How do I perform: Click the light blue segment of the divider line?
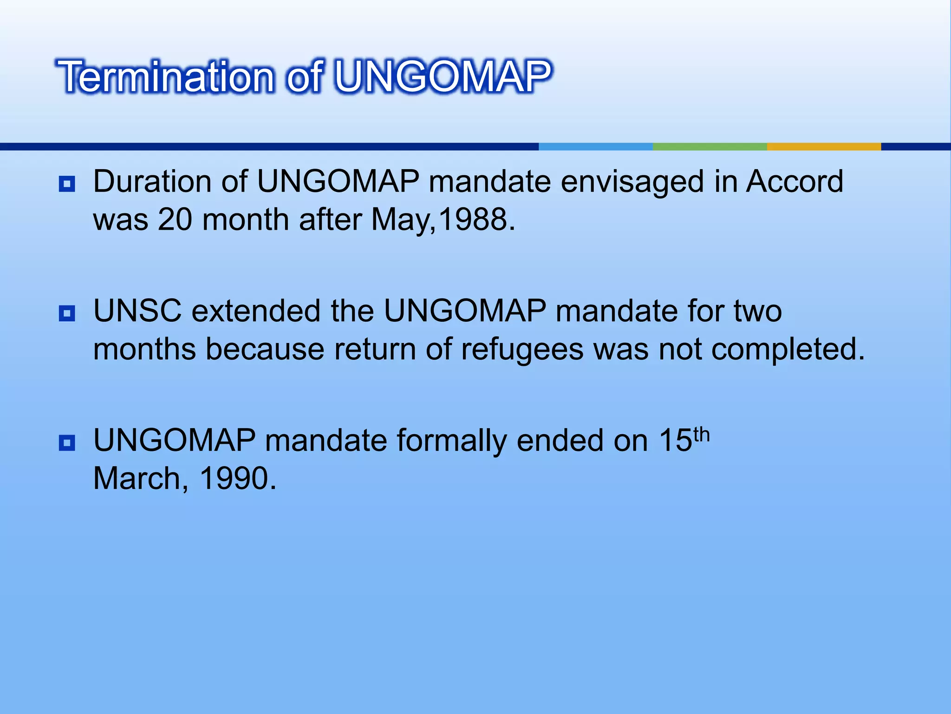click(x=595, y=146)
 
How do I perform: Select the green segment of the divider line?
click(x=710, y=146)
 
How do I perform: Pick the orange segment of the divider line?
click(x=823, y=146)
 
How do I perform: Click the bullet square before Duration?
click(x=67, y=184)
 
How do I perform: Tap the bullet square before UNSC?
click(x=67, y=313)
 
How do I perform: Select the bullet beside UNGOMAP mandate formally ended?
click(x=67, y=443)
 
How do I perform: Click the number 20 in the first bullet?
click(x=175, y=219)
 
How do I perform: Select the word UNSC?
click(x=137, y=311)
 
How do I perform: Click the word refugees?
click(x=522, y=350)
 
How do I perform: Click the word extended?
click(x=256, y=311)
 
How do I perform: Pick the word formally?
click(x=451, y=441)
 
